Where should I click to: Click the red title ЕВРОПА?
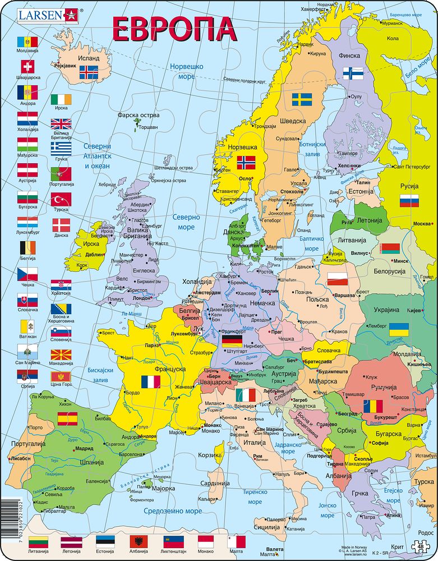[x=173, y=29]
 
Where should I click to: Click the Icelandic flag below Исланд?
[x=89, y=72]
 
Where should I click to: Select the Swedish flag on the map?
[x=302, y=100]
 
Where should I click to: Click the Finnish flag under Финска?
[x=353, y=73]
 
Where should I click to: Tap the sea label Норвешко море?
[x=186, y=72]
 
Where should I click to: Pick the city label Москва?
[x=422, y=223]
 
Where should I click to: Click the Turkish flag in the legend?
[x=61, y=199]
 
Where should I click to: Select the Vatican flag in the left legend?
[x=27, y=325]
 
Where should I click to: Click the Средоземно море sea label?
[x=172, y=511]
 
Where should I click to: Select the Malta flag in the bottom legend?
[x=236, y=542]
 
